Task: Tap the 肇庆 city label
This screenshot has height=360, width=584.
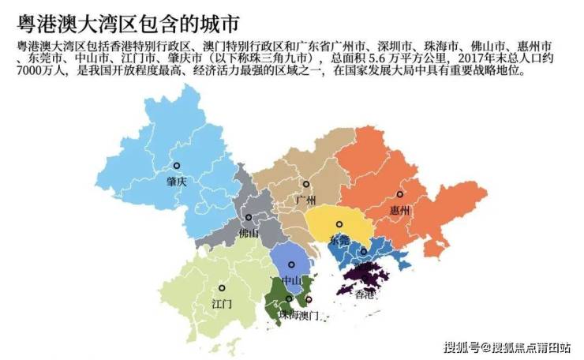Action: (x=177, y=181)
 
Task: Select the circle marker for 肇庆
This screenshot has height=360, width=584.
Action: (x=177, y=166)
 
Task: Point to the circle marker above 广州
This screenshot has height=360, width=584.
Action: (x=306, y=185)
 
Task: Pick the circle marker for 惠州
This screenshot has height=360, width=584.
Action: (x=400, y=194)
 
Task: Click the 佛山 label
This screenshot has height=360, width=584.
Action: (x=249, y=233)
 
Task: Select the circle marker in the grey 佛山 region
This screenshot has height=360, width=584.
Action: (x=249, y=217)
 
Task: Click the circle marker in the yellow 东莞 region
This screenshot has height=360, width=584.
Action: (x=339, y=224)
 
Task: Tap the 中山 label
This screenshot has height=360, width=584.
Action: (x=291, y=279)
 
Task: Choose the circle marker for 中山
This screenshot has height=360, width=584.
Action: (x=291, y=264)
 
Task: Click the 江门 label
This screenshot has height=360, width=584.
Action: (x=222, y=303)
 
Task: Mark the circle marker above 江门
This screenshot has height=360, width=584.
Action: (x=222, y=288)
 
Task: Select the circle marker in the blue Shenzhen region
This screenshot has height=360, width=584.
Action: (x=363, y=253)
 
